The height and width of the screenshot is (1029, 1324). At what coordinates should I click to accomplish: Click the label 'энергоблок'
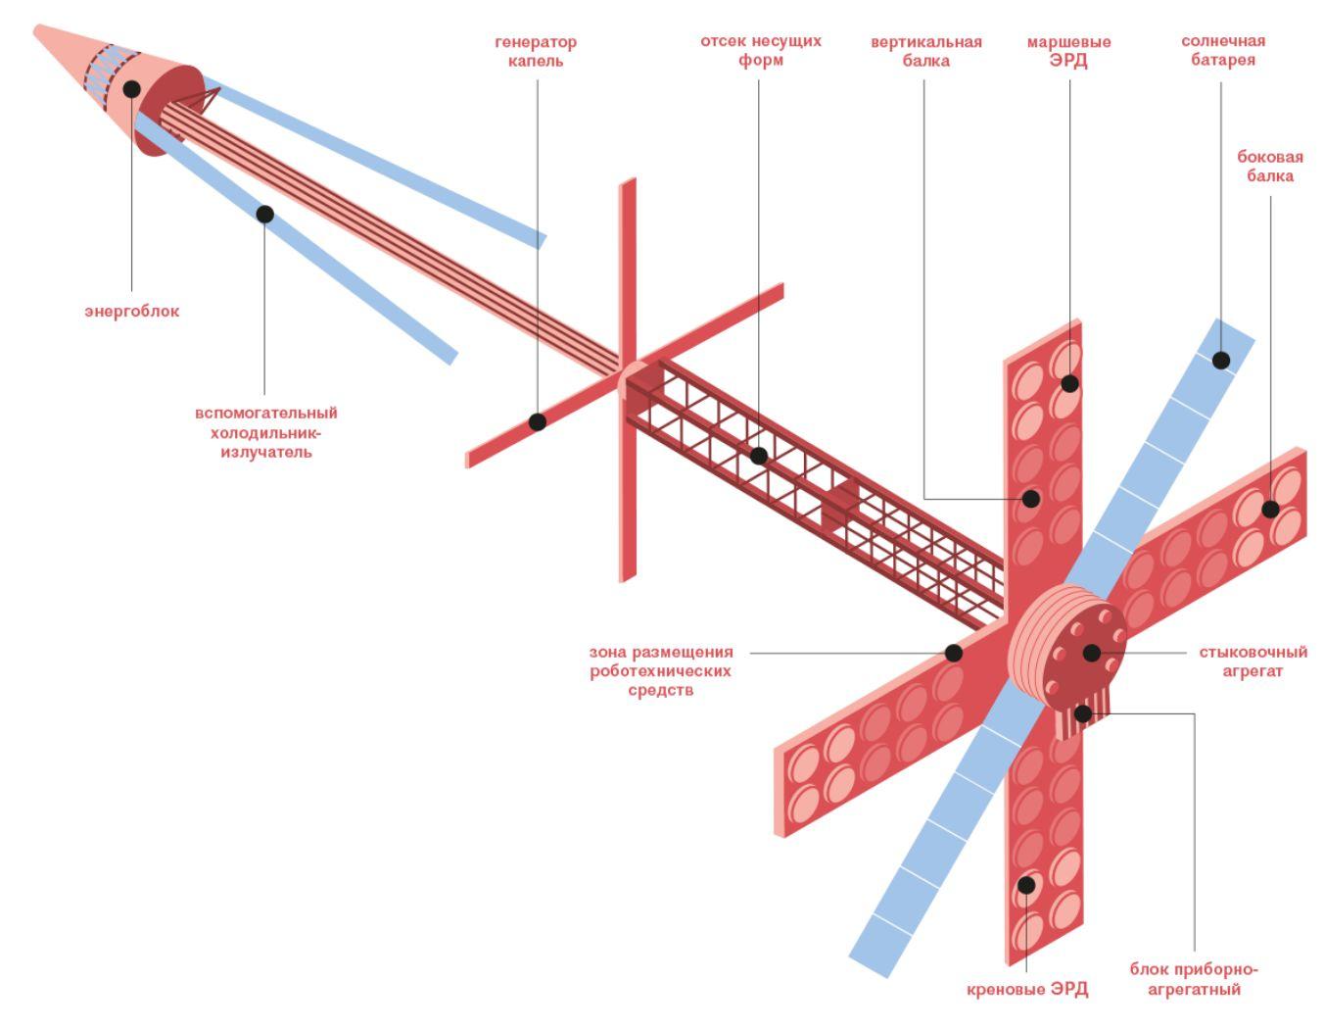(x=131, y=312)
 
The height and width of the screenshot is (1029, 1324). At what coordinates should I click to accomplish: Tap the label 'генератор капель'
(x=536, y=51)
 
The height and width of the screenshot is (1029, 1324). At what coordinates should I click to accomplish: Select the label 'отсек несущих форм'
(x=760, y=51)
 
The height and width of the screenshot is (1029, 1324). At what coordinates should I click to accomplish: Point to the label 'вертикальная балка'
(x=926, y=51)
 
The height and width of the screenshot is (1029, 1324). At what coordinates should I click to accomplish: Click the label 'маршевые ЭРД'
(x=1068, y=51)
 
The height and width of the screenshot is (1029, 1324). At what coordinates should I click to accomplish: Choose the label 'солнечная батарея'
(x=1223, y=51)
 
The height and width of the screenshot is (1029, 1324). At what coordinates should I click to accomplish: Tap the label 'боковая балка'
(x=1270, y=167)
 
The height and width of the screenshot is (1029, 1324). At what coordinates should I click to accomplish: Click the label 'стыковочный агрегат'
(x=1253, y=661)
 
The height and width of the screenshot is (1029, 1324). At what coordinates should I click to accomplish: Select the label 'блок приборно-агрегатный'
(x=1194, y=978)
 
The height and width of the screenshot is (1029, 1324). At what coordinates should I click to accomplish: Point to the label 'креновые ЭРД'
(x=1027, y=989)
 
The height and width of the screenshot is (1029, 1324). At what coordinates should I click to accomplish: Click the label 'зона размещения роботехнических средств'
(x=661, y=671)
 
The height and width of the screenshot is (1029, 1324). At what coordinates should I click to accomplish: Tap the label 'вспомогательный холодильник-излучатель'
(x=266, y=432)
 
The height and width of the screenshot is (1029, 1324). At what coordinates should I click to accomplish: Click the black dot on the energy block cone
(x=131, y=89)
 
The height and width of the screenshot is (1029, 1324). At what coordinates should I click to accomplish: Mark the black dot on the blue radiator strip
(x=265, y=214)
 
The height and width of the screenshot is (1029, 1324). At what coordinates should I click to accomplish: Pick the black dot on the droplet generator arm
(x=538, y=421)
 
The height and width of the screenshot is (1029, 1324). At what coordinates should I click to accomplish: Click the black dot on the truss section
(x=759, y=456)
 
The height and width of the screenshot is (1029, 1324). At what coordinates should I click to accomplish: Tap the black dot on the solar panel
(x=1221, y=361)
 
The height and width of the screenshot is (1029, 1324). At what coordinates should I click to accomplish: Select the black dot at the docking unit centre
(x=1092, y=653)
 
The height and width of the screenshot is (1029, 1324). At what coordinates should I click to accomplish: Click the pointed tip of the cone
(x=35, y=26)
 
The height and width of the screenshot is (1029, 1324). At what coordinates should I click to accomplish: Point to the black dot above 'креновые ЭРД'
(x=1026, y=885)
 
